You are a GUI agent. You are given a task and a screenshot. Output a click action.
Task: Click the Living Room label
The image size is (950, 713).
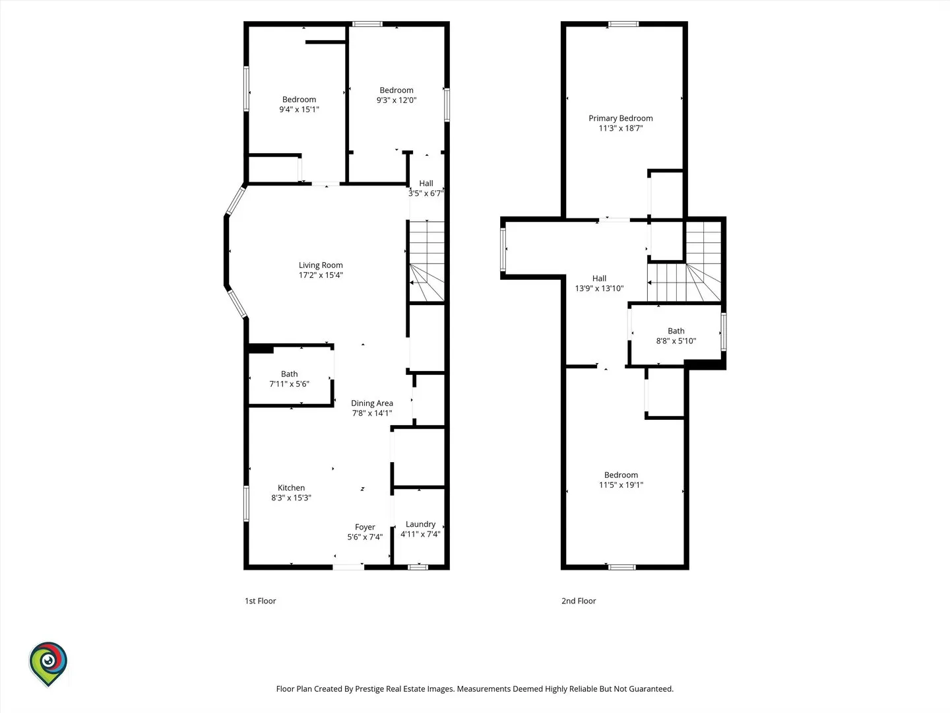coord(321,265)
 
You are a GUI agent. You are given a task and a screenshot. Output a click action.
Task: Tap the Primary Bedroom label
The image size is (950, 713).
coord(621,118)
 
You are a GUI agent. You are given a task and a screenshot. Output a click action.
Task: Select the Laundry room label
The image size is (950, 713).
coord(420,524)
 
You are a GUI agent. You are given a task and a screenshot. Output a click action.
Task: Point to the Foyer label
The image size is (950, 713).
coord(365,527)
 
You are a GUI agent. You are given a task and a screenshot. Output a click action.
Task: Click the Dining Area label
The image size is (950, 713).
coord(372,403)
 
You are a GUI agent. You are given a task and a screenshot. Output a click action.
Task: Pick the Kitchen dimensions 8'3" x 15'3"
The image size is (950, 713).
coord(292,498)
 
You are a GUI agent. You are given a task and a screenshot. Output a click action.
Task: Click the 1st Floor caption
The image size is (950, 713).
coord(260,601)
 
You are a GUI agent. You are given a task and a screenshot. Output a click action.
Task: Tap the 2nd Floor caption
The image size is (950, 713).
coord(579,601)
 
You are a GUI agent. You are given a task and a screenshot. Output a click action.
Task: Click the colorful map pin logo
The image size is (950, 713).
coord(48,663)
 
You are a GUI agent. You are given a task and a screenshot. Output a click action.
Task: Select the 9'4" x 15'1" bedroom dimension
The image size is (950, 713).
coord(299,110)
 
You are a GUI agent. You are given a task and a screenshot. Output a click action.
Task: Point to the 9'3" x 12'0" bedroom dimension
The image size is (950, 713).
coord(396,100)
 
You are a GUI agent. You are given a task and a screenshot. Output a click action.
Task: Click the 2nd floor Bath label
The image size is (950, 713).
coord(676,331)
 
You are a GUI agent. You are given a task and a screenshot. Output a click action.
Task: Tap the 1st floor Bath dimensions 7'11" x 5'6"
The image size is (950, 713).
coord(289,384)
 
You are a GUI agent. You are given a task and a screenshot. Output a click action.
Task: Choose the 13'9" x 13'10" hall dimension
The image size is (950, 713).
coord(600,289)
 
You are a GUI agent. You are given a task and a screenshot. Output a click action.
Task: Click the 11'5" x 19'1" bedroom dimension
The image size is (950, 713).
coord(621,485)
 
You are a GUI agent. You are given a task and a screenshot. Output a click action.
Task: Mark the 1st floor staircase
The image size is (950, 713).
coord(427,261)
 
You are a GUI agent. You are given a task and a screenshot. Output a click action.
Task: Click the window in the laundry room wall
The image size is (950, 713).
coord(418,567)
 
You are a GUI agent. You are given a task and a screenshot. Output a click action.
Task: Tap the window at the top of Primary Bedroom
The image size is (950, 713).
coord(623,24)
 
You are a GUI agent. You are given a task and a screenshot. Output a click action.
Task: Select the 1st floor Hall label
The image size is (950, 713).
coord(426,183)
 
